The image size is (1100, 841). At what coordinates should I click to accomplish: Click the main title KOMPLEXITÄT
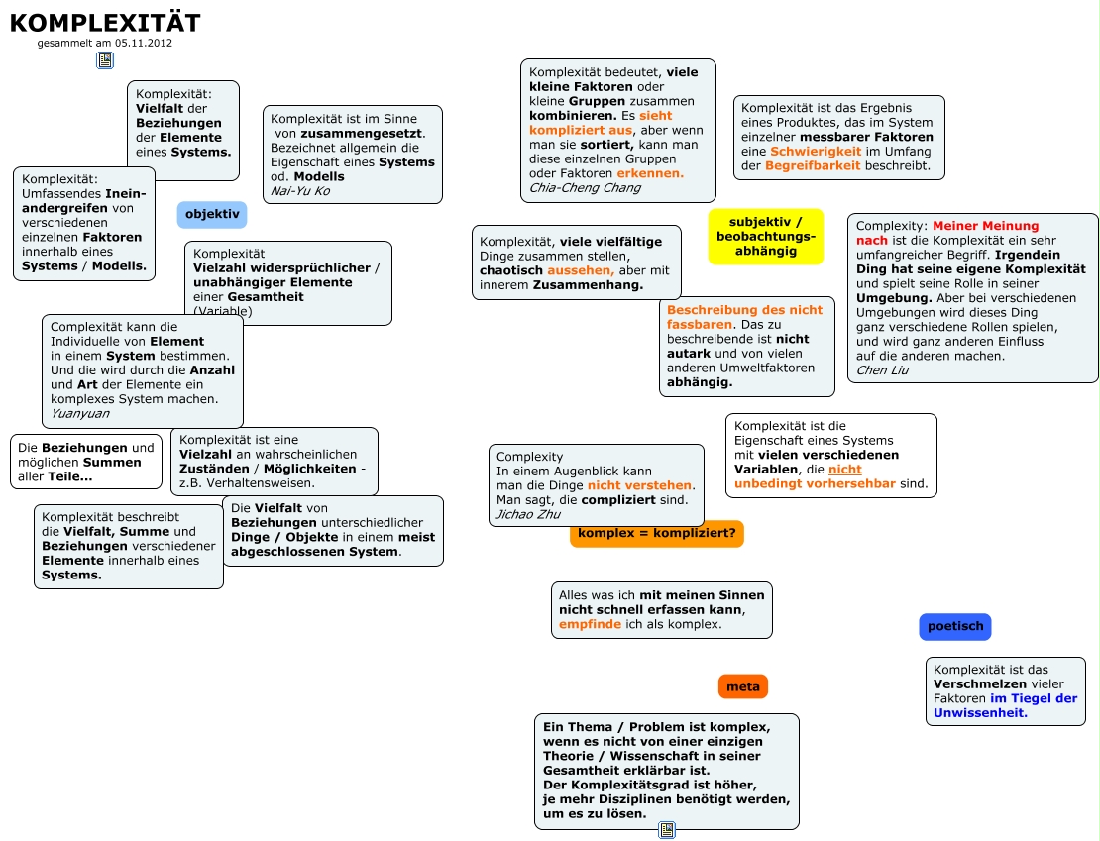point(104,23)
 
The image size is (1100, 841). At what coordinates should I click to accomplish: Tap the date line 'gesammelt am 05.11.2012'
point(104,43)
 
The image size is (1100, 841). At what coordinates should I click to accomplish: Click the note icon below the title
point(105,60)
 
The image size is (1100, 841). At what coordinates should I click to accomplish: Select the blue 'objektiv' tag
point(212,214)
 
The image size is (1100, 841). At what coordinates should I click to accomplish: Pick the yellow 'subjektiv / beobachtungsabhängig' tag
point(766,236)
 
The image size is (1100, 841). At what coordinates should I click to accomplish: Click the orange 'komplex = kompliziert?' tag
point(656,534)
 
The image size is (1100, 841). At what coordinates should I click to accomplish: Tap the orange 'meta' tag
point(743,686)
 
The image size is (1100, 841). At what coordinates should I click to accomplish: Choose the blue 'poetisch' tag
point(954,626)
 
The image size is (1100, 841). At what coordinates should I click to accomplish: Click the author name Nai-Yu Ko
point(300,190)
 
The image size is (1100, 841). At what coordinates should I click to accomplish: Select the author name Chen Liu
point(882,370)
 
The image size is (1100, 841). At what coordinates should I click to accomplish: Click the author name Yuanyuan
point(80,413)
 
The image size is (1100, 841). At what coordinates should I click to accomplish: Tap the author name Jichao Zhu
point(528,514)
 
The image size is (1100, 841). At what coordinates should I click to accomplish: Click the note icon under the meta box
point(667,829)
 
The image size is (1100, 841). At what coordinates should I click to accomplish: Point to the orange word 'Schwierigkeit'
point(815,151)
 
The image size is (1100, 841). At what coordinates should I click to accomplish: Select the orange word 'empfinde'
point(590,624)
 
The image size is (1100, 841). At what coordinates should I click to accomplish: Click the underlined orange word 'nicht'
point(845,470)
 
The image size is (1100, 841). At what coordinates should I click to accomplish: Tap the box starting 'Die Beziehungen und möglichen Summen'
point(86,462)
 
